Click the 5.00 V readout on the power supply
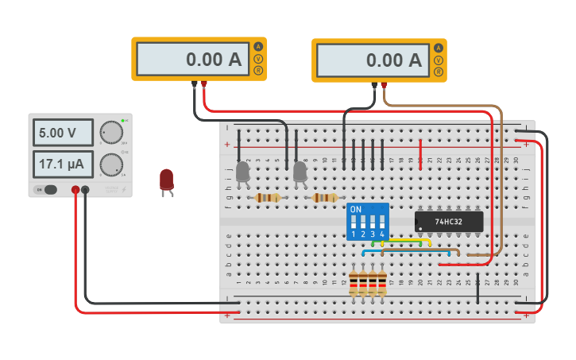pos(63,133)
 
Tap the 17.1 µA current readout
pos(63,165)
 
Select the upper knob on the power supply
pos(111,133)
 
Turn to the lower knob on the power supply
pos(111,165)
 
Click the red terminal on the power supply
pos(75,190)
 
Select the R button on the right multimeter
pos(438,72)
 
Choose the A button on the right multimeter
pos(438,48)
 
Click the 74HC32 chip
pos(449,220)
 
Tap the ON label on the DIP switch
pos(355,209)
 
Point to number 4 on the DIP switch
pos(382,234)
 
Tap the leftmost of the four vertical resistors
pos(354,284)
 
